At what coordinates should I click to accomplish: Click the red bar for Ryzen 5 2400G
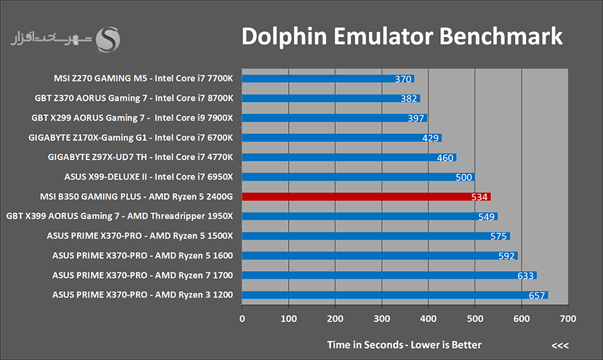[x=366, y=196]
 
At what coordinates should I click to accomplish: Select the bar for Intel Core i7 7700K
[x=328, y=78]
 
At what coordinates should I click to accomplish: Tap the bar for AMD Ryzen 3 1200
[x=395, y=295]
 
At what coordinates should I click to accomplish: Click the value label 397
[x=416, y=119]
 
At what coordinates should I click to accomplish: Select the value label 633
[x=526, y=276]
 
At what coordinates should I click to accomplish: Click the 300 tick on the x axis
[x=381, y=319]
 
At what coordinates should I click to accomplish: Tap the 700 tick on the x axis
[x=567, y=319]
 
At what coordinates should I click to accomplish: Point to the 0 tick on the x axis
[x=242, y=319]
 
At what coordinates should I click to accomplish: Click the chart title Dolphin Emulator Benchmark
[x=402, y=37]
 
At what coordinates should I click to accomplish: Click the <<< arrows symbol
[x=559, y=345]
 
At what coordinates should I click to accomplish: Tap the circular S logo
[x=108, y=39]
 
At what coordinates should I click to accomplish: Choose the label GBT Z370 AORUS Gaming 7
[x=134, y=99]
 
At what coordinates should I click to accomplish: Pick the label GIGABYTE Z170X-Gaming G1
[x=131, y=138]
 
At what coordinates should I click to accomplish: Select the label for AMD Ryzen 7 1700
[x=143, y=276]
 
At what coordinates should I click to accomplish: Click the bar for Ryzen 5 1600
[x=379, y=255]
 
